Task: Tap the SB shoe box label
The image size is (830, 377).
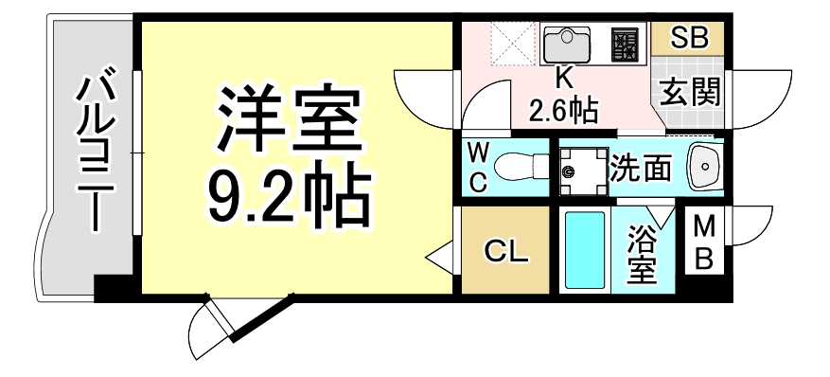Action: click(x=689, y=39)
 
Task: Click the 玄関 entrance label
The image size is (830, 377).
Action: click(x=689, y=92)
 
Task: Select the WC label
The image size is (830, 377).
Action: click(x=479, y=168)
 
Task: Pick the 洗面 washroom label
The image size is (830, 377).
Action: click(x=642, y=168)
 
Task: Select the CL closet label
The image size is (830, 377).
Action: click(x=506, y=251)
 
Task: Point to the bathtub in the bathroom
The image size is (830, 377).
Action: click(x=584, y=251)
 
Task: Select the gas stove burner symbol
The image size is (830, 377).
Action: click(x=625, y=44)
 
